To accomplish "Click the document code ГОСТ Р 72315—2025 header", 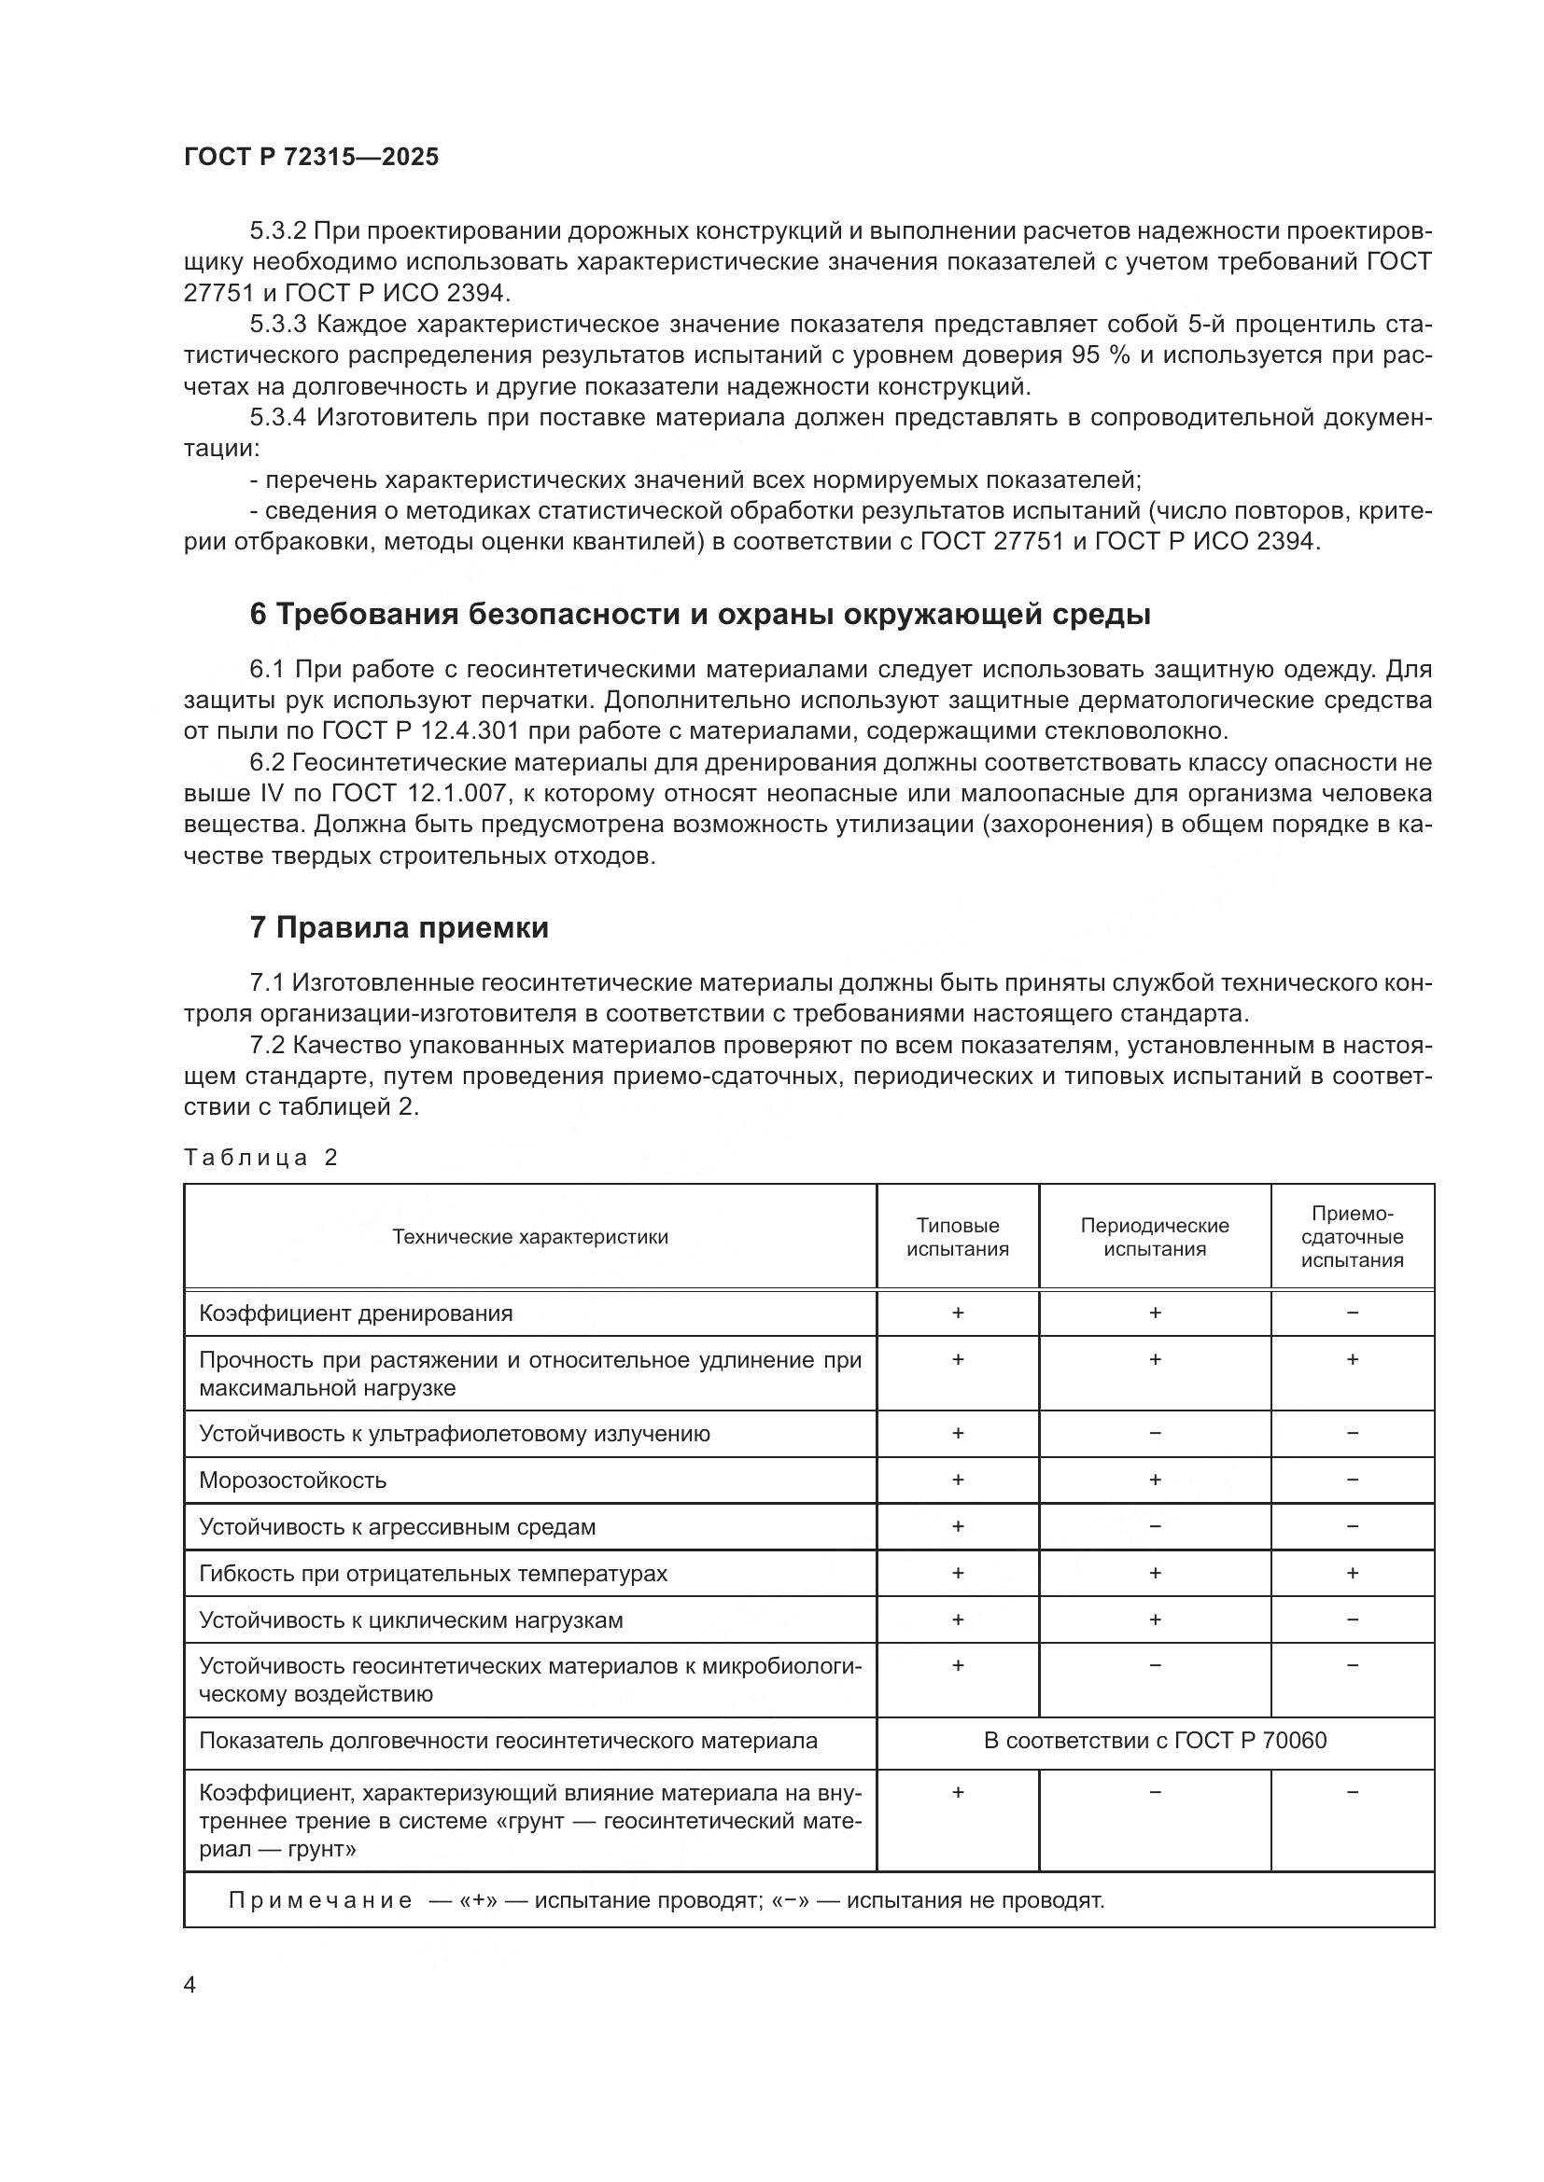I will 311,158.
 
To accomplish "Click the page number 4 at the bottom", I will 189,1984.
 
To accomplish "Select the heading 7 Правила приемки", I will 400,927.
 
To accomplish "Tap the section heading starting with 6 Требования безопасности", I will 700,615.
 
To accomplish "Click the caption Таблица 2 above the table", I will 260,1157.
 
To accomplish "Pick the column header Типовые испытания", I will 958,1236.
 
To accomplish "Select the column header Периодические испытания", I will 1154,1236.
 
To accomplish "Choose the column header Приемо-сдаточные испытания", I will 1352,1236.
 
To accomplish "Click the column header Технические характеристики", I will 529,1236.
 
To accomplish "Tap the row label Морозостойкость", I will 293,1480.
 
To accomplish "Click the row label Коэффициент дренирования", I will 356,1313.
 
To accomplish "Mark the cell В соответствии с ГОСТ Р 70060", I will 1154,1740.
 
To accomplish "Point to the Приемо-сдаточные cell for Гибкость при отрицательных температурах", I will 1352,1573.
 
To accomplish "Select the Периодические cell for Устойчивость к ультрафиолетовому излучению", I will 1154,1433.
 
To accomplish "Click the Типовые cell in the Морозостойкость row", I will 958,1480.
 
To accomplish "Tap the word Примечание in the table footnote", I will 320,1899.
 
